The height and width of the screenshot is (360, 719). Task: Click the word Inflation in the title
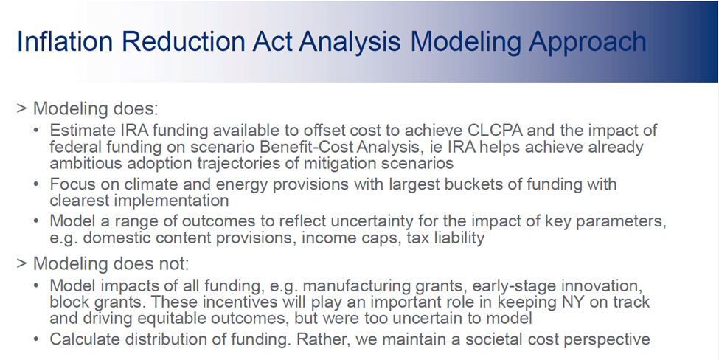(65, 41)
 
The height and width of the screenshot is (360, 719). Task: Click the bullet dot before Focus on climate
(36, 184)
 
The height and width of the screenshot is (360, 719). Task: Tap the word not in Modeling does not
(176, 263)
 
